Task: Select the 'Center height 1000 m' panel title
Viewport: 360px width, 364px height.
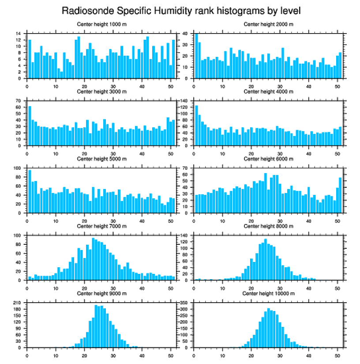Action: [101, 24]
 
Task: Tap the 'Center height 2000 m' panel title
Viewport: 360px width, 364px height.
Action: [268, 24]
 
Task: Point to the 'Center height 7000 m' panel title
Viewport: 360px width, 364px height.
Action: [101, 226]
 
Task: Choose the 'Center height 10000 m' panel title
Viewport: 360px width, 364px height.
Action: [268, 293]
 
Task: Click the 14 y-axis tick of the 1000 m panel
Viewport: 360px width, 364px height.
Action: [19, 34]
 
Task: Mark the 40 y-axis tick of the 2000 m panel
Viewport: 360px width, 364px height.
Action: [186, 34]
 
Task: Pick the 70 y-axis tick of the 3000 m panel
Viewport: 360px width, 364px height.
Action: [19, 101]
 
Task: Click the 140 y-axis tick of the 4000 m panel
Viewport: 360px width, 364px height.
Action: [185, 101]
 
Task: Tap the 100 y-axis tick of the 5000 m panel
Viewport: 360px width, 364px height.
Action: [18, 168]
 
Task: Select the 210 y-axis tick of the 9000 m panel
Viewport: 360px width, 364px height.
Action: [18, 303]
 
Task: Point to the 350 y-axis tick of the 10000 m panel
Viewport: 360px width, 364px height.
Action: [185, 303]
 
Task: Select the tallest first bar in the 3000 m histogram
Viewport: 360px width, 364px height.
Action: [30, 126]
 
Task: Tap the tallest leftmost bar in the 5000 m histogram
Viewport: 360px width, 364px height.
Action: [30, 191]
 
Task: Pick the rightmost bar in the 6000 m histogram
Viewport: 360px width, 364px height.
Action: [340, 195]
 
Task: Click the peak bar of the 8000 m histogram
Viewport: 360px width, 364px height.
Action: [266, 259]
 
